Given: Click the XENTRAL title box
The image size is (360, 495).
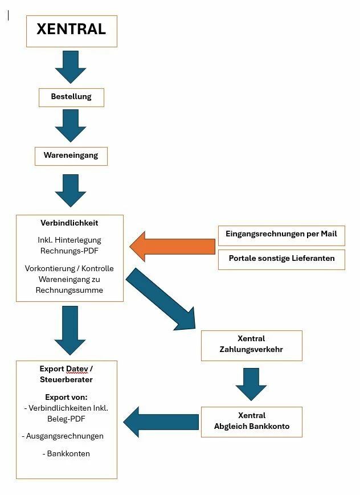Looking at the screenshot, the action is pyautogui.click(x=72, y=31).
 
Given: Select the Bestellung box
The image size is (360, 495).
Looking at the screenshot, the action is pyautogui.click(x=71, y=97).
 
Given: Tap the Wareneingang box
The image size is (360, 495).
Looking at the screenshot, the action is pyautogui.click(x=71, y=156).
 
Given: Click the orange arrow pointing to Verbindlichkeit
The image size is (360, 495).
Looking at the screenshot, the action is pyautogui.click(x=173, y=247).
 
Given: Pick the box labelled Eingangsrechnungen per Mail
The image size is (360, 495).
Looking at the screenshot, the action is pyautogui.click(x=281, y=235).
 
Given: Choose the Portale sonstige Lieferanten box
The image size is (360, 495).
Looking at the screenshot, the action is pyautogui.click(x=281, y=260).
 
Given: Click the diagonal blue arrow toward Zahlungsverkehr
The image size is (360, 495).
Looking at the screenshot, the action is pyautogui.click(x=161, y=299).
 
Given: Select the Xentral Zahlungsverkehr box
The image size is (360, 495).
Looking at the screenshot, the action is pyautogui.click(x=252, y=346).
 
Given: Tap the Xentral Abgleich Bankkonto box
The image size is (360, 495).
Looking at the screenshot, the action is pyautogui.click(x=252, y=422).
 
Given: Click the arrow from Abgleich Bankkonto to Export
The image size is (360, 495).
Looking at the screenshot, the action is pyautogui.click(x=161, y=422).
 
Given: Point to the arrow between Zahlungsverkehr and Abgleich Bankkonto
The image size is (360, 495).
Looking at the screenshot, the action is pyautogui.click(x=251, y=384).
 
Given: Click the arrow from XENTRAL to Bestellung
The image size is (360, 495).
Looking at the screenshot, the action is pyautogui.click(x=71, y=67).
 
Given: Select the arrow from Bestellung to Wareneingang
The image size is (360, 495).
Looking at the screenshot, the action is pyautogui.click(x=71, y=126).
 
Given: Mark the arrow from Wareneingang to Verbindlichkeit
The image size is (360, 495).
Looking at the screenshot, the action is pyautogui.click(x=71, y=191).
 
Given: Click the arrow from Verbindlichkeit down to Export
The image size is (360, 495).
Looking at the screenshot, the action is pyautogui.click(x=70, y=330).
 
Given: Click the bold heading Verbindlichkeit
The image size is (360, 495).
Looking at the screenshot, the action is pyautogui.click(x=69, y=223).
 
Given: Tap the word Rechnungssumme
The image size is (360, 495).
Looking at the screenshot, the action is pyautogui.click(x=69, y=290).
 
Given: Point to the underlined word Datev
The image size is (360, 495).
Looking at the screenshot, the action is pyautogui.click(x=77, y=369).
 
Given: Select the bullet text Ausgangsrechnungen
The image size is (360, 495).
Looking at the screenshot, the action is pyautogui.click(x=65, y=436).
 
